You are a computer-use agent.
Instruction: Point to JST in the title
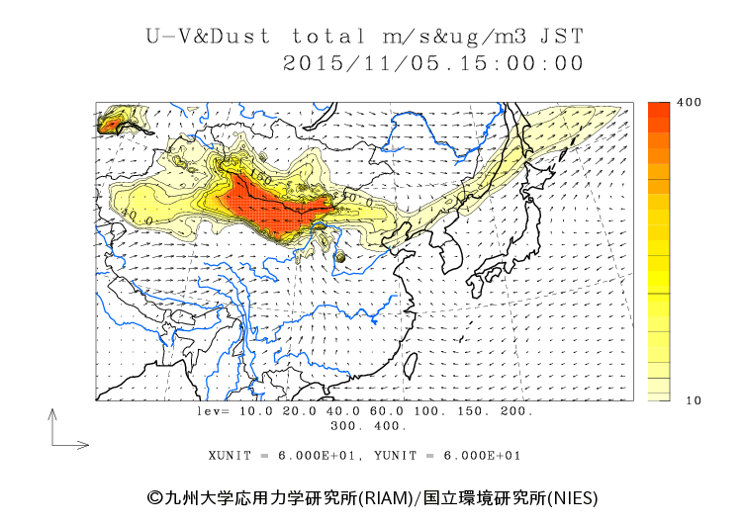coord(562,37)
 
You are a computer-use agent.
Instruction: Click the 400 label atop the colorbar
coord(662,103)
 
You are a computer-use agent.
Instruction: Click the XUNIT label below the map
coord(231,456)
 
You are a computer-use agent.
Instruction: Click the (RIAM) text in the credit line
coord(384,496)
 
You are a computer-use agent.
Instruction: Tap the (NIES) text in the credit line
coord(573,496)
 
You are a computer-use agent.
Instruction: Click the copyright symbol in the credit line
coord(153,496)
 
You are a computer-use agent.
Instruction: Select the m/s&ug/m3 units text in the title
coord(450,37)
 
